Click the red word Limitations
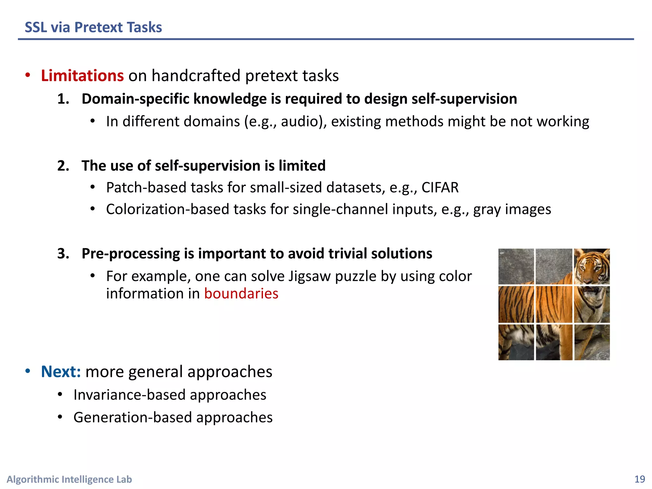pos(82,76)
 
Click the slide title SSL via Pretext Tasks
pos(93,27)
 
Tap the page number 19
pos(639,479)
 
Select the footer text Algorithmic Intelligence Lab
pos(69,479)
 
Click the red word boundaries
pos(241,294)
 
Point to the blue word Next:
pos(61,372)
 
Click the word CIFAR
pos(440,188)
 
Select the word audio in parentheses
pos(299,122)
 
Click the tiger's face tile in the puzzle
pos(592,266)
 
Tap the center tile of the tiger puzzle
pos(554,304)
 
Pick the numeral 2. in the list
pos(63,166)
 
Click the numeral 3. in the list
pos(63,254)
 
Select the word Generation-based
pos(132,417)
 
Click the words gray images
pos(512,209)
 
